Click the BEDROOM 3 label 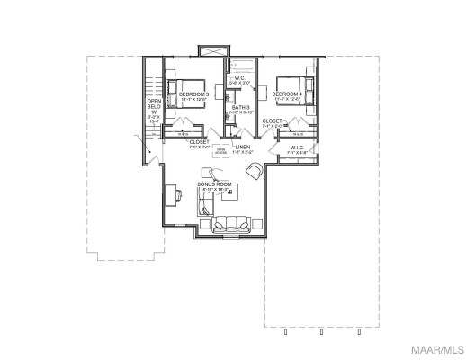194,94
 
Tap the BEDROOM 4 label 287,94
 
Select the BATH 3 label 240,108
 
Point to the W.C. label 240,78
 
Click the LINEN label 243,148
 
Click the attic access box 219,149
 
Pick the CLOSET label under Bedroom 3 200,141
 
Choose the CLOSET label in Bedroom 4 272,121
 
